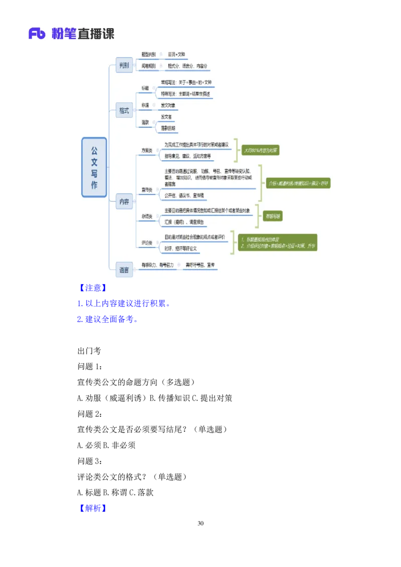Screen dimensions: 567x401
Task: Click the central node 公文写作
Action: point(94,167)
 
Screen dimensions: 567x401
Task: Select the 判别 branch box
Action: point(124,65)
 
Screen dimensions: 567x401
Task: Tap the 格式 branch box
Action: point(124,110)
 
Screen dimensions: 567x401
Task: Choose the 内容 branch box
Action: point(124,202)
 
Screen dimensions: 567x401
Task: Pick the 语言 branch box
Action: point(124,269)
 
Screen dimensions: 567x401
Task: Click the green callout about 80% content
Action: point(260,150)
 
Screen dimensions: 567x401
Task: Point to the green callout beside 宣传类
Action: point(298,183)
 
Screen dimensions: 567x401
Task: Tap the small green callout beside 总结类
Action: point(273,216)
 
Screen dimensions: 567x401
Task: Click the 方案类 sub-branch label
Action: point(147,150)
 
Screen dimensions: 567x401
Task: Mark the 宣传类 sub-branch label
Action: point(147,189)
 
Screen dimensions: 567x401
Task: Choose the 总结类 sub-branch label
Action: point(147,216)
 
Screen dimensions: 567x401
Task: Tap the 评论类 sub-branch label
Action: point(147,242)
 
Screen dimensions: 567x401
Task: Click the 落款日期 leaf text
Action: point(168,128)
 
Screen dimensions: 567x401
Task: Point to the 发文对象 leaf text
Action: point(168,105)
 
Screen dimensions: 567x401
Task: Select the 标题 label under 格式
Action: point(145,88)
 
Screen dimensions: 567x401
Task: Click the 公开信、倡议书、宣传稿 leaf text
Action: point(184,195)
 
